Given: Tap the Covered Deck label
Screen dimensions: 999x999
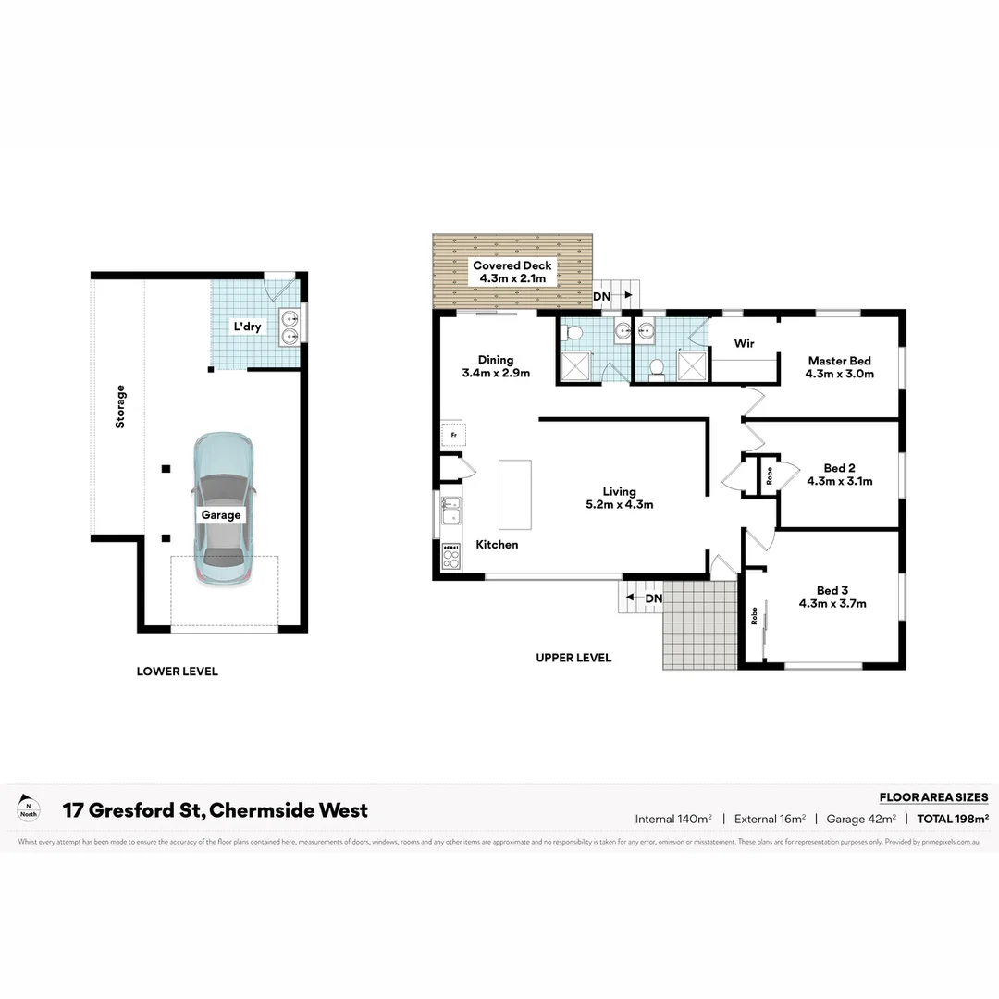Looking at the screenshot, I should tap(512, 265).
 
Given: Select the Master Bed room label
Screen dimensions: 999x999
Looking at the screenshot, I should tap(839, 361).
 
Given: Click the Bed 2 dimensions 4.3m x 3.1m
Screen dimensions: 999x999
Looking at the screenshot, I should tap(839, 481).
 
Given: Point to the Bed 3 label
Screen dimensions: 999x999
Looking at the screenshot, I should tap(832, 590).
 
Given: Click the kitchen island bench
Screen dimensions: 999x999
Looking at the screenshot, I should tap(514, 494).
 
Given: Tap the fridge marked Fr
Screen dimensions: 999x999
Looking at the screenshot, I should tap(453, 434).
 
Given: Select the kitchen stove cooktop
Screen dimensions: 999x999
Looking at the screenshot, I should tap(450, 555).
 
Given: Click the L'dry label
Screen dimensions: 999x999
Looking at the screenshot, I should tap(246, 327).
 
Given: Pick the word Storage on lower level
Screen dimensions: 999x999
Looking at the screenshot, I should tap(120, 406).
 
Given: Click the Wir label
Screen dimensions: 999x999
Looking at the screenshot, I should tap(744, 343).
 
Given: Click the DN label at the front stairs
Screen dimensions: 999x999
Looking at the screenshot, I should tap(653, 598).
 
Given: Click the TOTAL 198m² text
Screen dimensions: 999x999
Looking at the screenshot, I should tap(952, 819).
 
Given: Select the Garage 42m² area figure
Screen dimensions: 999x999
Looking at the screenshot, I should tap(860, 819).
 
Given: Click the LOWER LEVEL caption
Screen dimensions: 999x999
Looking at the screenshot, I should tap(177, 672).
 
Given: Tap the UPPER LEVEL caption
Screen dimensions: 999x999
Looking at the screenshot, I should tap(573, 658).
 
